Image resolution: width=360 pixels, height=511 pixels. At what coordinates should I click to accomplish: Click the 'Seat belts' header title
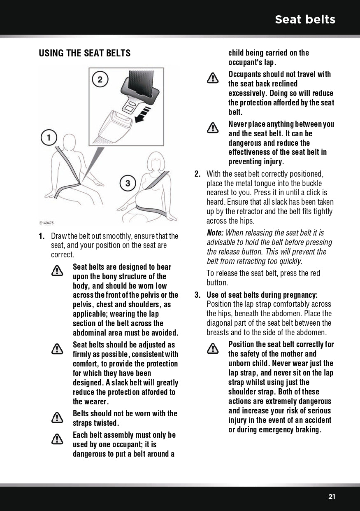coord(305,19)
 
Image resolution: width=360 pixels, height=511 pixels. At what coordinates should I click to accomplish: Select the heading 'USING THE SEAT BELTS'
coord(84,53)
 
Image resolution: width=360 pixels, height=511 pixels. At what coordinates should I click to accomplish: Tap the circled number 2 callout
coord(100,79)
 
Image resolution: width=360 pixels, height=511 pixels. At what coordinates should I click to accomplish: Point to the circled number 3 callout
coord(128,183)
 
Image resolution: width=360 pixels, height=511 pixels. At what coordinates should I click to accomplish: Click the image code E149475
coord(46,223)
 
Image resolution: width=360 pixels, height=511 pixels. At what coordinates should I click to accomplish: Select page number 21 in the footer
coord(332,497)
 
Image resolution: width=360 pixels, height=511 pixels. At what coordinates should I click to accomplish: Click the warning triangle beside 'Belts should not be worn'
coord(57,418)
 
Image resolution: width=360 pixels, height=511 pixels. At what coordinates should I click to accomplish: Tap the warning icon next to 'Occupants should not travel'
coord(213,78)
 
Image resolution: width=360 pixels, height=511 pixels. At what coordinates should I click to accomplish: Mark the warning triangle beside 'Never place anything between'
coord(213,128)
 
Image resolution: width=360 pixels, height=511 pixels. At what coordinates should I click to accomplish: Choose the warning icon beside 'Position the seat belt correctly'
coord(213,348)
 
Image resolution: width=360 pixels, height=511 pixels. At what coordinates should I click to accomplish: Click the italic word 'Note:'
coord(215,233)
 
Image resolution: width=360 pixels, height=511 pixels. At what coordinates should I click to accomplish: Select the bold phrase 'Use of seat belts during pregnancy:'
coord(262,295)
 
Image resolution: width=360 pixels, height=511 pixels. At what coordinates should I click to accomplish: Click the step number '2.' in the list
coord(197,174)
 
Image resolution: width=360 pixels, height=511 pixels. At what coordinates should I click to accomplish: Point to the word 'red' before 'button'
coord(314,273)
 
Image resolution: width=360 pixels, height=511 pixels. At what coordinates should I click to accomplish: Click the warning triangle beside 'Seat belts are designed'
coord(57,271)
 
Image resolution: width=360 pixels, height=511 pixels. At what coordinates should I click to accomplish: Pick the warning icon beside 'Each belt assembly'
coord(57,439)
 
